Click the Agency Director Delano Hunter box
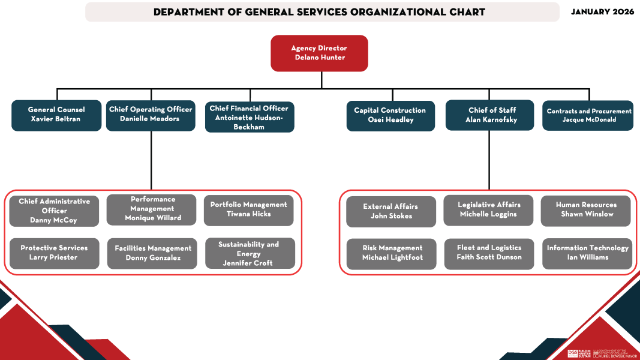319,53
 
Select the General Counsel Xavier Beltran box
56,115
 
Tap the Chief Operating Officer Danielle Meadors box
151,115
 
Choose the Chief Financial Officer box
249,117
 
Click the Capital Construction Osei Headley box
390,116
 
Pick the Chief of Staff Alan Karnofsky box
489,115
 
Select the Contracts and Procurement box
588,115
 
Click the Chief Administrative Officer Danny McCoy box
54,211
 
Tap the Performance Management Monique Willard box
151,209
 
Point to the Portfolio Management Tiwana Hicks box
248,210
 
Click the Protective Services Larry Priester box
54,253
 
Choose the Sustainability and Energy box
250,253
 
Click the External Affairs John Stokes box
391,211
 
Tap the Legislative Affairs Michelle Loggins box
488,210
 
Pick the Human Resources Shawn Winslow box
585,210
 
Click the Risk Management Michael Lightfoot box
392,253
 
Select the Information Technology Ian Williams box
587,253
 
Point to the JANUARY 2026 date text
602,12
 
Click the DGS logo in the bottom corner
573,354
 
